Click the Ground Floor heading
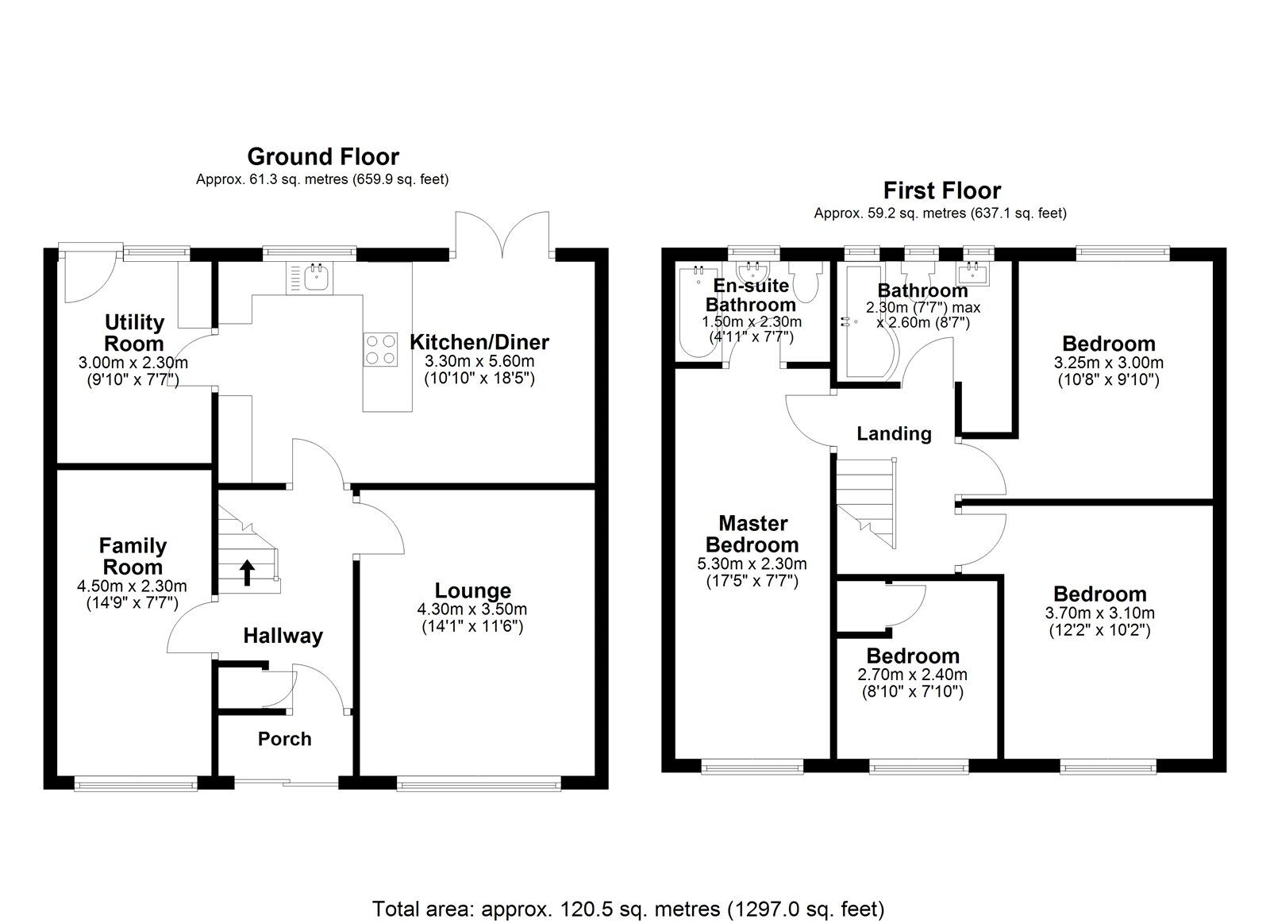tap(322, 156)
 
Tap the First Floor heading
tap(941, 190)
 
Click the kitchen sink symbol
tap(317, 276)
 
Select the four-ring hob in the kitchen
tap(380, 348)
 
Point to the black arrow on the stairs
tap(247, 571)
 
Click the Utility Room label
tap(134, 333)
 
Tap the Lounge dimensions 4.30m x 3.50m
tap(471, 610)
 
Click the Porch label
tap(284, 739)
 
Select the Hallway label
tap(283, 636)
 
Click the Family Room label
tap(133, 556)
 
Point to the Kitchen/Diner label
tap(479, 342)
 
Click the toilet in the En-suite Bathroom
tap(807, 283)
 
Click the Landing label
tap(894, 433)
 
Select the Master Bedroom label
tap(752, 534)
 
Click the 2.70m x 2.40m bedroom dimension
tap(912, 675)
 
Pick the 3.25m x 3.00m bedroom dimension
tap(1108, 363)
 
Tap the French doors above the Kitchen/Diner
tap(503, 237)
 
